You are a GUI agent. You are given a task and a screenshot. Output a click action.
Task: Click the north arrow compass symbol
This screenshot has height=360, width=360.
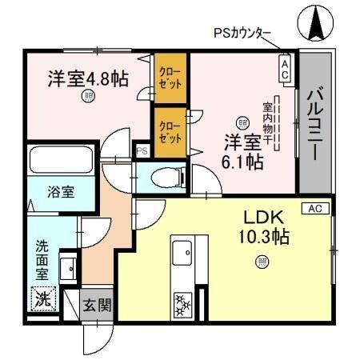[x=314, y=23]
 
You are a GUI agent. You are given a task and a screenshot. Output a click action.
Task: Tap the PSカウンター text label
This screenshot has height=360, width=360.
[x=242, y=34]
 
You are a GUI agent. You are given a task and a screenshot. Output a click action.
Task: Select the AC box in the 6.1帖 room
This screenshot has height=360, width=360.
[x=284, y=68]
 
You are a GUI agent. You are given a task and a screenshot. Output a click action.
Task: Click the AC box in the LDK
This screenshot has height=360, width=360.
[x=314, y=208]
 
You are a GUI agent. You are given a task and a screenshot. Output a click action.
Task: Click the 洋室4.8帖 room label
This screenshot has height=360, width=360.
[x=87, y=78]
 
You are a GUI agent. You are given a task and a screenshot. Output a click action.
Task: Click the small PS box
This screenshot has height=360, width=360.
[x=142, y=150]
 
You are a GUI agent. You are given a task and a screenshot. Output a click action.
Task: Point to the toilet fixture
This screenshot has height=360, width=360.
[x=169, y=176]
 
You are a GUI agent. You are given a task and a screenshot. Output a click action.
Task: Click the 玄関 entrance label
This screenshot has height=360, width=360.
[x=99, y=305]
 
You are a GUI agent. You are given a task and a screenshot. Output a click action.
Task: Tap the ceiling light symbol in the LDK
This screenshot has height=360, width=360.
[x=261, y=261]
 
